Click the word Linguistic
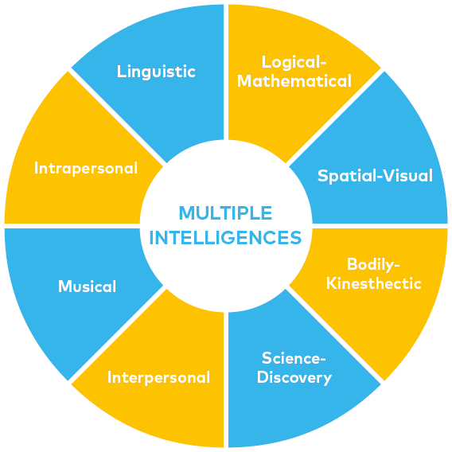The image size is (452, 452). tap(156, 72)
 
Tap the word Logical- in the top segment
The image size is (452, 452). tap(294, 62)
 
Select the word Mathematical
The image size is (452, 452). tap(294, 80)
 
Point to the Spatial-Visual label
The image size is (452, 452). tap(375, 176)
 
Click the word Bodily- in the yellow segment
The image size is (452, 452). tap(373, 265)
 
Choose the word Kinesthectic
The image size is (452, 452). tap(373, 283)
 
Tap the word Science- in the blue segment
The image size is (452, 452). tap(294, 358)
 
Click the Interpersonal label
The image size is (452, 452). tap(158, 377)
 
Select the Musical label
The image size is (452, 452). tap(87, 286)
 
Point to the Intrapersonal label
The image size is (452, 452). tap(86, 168)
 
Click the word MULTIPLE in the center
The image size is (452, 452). tap(225, 213)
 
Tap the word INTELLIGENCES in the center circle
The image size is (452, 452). tap(225, 237)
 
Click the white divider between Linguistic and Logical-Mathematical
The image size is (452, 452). tap(226, 72)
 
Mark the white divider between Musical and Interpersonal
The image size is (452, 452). tap(117, 334)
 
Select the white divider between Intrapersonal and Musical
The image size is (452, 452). tap(72, 226)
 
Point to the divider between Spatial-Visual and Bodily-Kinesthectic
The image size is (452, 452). tap(380, 226)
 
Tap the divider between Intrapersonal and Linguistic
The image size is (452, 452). tap(117, 117)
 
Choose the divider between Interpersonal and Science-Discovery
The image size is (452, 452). tap(226, 380)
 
